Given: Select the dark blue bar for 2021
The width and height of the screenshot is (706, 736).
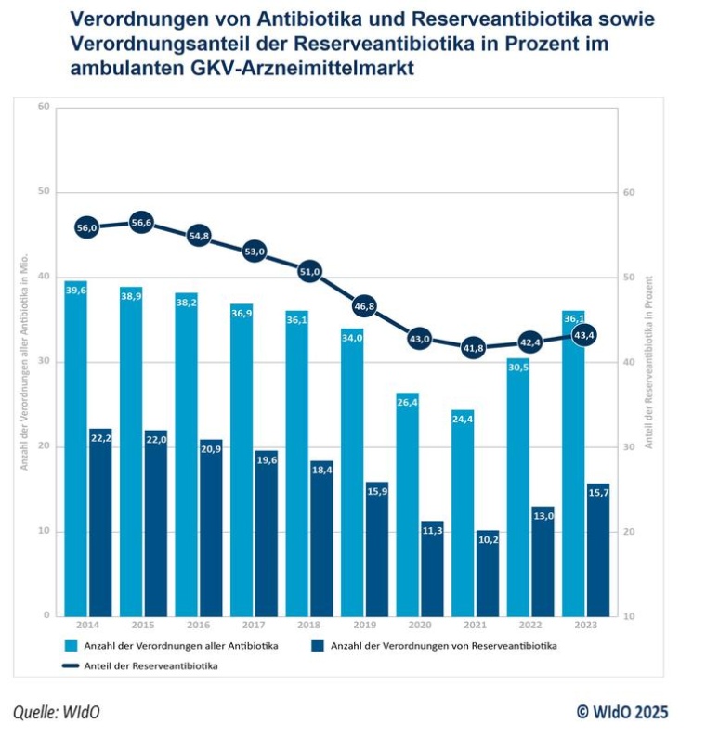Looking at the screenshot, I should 488,575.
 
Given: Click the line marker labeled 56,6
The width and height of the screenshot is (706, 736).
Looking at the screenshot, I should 141,223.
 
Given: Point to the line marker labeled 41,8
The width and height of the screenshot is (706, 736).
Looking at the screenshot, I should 475,348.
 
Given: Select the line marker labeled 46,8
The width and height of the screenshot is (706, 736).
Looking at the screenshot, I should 364,305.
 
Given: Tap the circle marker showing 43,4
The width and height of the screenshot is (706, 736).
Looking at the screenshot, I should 585,335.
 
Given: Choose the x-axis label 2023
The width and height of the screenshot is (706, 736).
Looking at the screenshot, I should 586,626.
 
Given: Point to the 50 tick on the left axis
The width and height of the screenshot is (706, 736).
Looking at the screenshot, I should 43,192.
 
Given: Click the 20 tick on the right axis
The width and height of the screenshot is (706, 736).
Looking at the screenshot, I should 629,532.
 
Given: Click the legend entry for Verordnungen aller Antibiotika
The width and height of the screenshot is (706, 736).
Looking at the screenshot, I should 176,645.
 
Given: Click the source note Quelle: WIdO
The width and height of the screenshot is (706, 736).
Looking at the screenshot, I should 57,712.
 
